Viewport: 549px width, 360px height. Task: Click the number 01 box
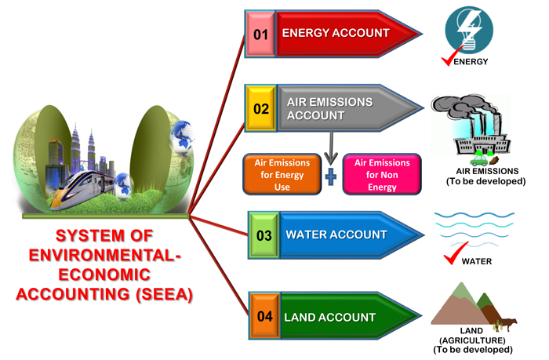(x=260, y=34)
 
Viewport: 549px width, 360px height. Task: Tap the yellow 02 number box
(x=260, y=109)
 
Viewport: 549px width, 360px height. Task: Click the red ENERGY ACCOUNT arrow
(x=345, y=34)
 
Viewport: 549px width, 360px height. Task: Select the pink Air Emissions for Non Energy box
(x=382, y=174)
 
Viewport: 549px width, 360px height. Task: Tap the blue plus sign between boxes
(x=331, y=177)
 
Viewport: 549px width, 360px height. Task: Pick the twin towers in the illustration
(x=87, y=149)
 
